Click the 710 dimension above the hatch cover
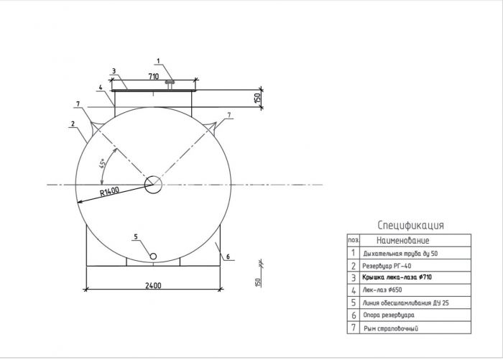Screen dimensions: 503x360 click(154, 76)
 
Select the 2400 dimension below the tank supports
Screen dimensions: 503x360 click(153, 285)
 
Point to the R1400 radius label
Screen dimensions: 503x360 click(109, 192)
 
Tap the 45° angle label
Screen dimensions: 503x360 click(102, 163)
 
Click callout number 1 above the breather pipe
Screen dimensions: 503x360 click(158, 60)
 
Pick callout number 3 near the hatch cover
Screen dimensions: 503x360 click(114, 71)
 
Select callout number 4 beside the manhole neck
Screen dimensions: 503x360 click(101, 87)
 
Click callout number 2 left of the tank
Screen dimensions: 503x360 click(73, 124)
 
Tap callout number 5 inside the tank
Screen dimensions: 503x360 click(136, 236)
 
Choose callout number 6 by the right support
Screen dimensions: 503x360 click(228, 257)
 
